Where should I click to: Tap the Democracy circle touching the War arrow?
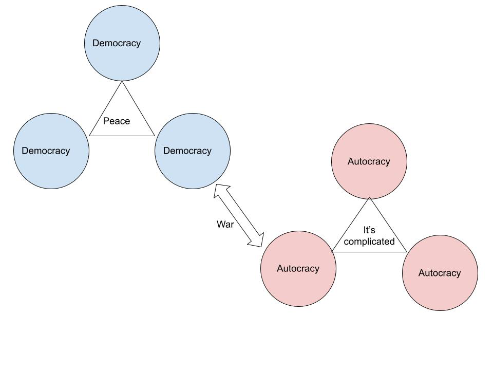[x=193, y=167]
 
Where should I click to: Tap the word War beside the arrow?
[x=225, y=224]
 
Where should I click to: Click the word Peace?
[x=117, y=121]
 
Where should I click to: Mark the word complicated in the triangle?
[x=369, y=242]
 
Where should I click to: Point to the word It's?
[x=369, y=230]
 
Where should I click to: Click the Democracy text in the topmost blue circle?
[x=117, y=43]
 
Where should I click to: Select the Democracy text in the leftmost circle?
[x=46, y=151]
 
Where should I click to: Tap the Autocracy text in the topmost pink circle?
[x=369, y=161]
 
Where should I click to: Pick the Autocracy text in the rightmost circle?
[x=440, y=273]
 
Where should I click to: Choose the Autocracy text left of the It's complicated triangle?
[x=298, y=268]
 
